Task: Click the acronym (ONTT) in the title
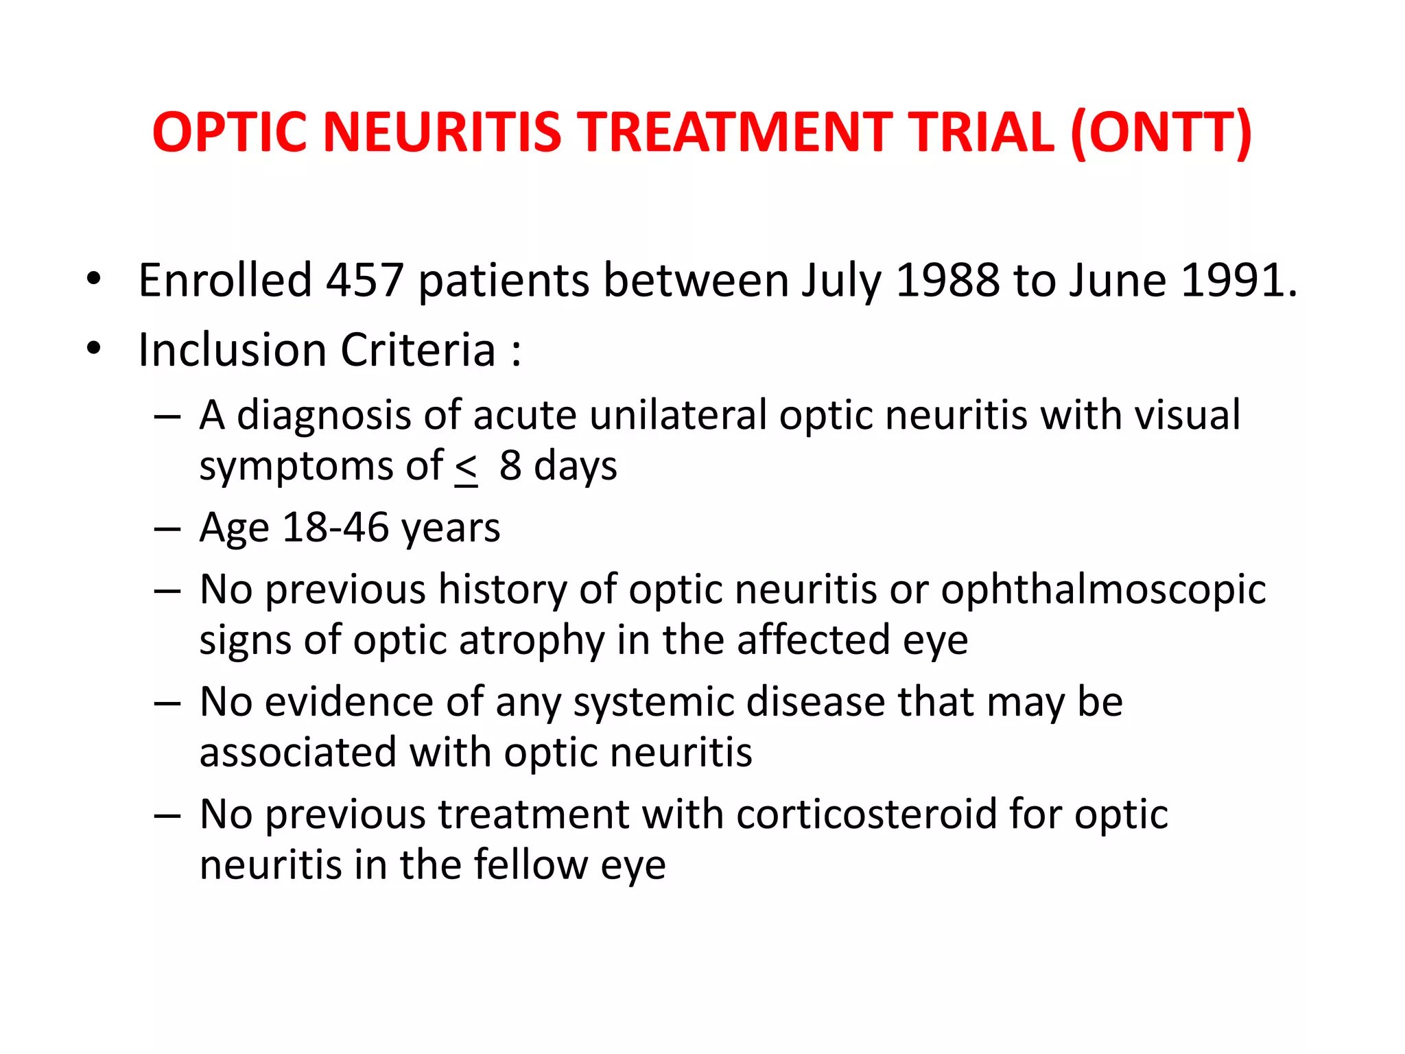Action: click(x=1161, y=132)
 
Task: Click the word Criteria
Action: click(x=418, y=350)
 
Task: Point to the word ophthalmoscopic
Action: click(x=1103, y=589)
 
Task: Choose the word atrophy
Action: click(x=531, y=640)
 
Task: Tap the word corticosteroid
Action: click(x=866, y=815)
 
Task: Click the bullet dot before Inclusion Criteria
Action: click(x=94, y=349)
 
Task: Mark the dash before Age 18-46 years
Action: click(x=167, y=529)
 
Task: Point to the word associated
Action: click(x=298, y=753)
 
